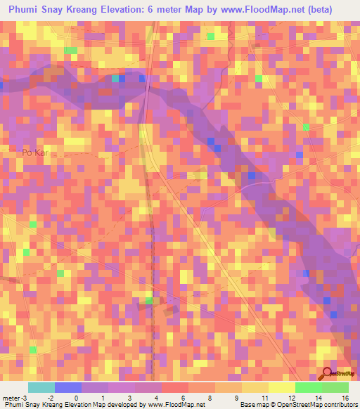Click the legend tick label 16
345,397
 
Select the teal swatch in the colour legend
41,387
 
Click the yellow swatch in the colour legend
281,387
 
